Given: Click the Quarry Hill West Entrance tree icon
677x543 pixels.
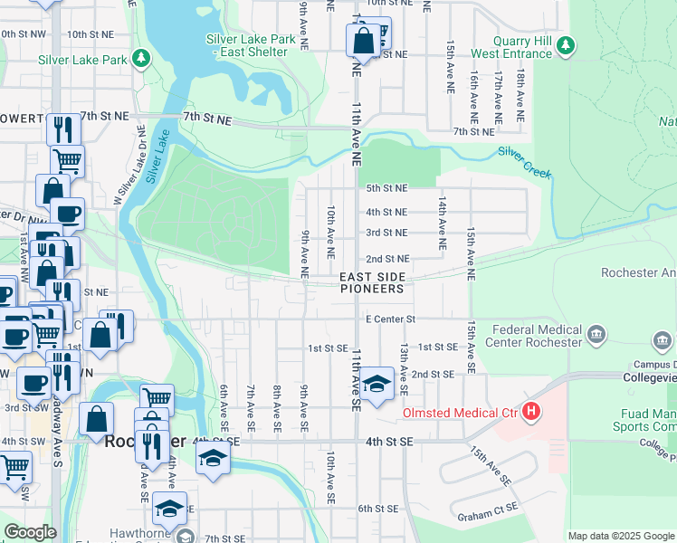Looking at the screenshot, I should coord(566,43).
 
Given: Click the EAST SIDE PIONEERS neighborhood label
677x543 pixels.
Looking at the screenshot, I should coord(371,282).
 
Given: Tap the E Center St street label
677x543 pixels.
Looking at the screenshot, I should coord(390,319).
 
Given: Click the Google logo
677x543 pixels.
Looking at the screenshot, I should coord(30,532).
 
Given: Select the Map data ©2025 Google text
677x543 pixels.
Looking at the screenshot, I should coord(620,536).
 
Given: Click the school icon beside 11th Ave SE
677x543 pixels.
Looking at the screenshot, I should coord(377,383).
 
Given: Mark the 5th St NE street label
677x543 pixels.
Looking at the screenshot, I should coord(386,188).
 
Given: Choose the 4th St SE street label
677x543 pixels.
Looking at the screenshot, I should coord(389,441).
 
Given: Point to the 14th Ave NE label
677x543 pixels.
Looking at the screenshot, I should coord(443,224).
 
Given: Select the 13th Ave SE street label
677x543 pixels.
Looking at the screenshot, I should coord(404,367).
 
